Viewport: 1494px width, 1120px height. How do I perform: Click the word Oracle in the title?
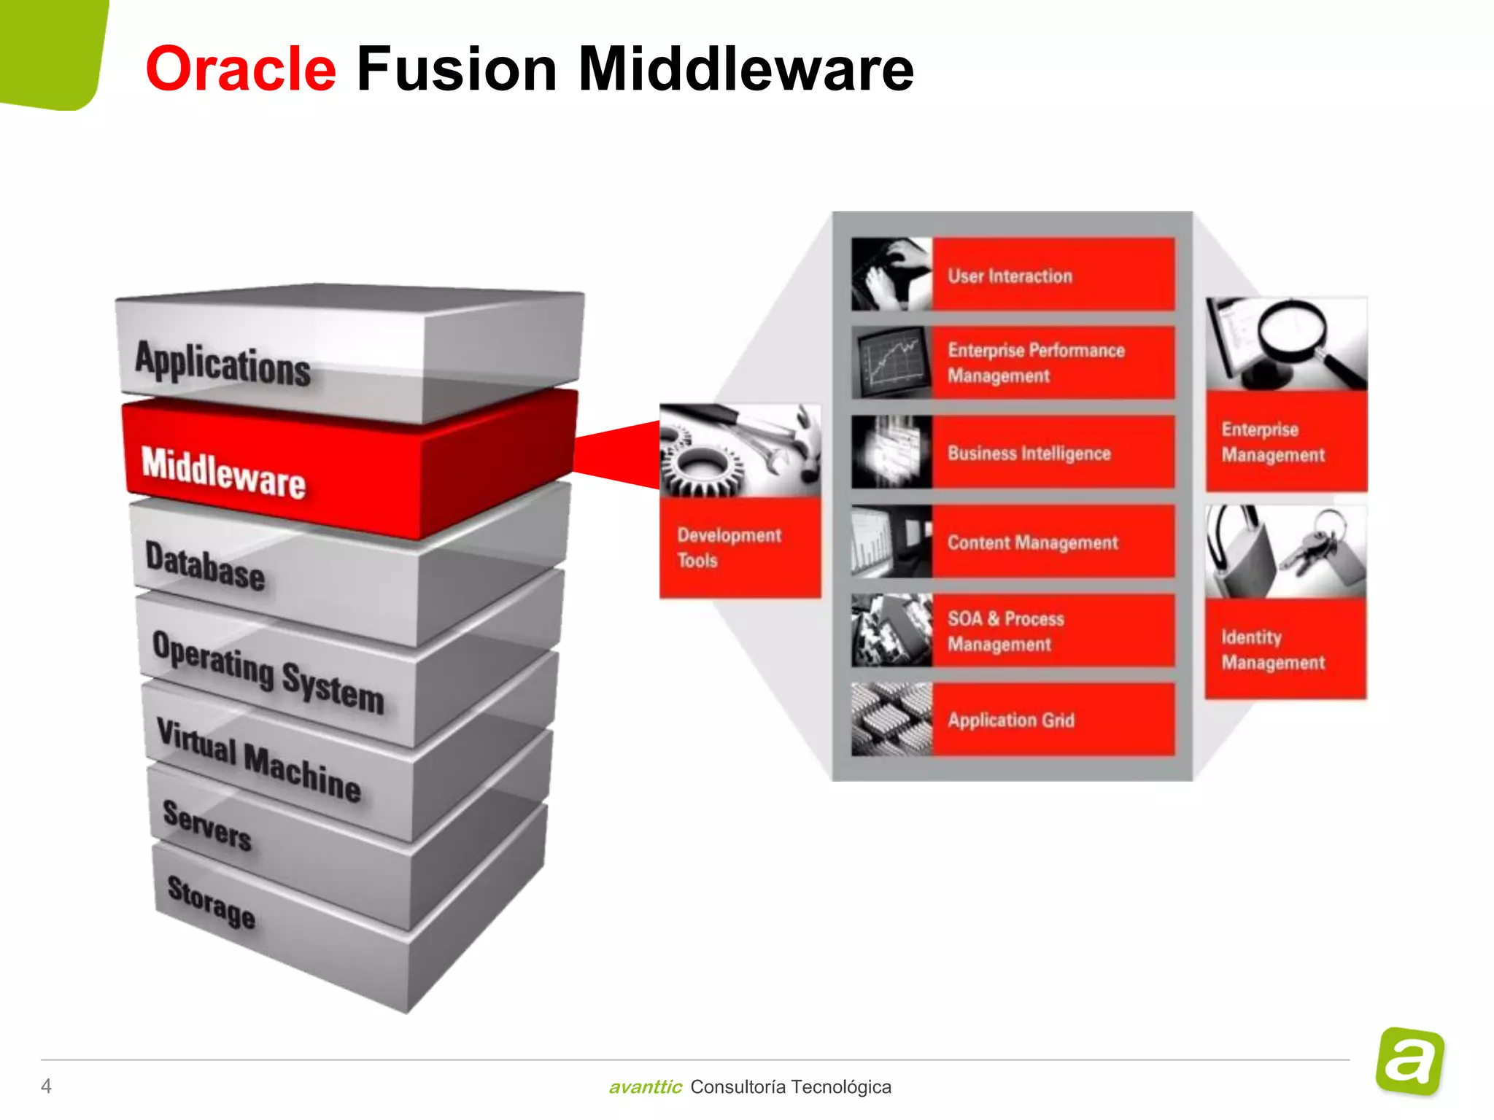tap(241, 69)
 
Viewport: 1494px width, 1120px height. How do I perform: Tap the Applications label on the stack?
tap(223, 362)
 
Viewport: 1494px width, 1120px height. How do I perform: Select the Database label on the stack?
tap(205, 566)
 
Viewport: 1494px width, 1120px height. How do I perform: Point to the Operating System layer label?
tap(268, 672)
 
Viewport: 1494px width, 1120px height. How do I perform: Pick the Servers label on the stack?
tap(207, 825)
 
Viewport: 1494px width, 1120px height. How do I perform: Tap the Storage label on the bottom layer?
tap(212, 901)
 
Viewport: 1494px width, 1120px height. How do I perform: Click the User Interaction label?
tap(1010, 276)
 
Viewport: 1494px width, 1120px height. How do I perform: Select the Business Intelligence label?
tap(1029, 454)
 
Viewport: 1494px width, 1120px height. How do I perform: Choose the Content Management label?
tap(1032, 542)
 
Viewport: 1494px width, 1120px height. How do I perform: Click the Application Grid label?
tap(1011, 720)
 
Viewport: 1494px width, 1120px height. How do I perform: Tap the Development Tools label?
tap(728, 548)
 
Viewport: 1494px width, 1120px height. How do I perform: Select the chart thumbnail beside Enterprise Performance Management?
tap(891, 362)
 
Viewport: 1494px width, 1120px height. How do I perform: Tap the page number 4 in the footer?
tap(46, 1086)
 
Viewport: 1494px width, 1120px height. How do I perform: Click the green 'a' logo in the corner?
tap(1410, 1062)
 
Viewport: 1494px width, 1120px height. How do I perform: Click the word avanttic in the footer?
tap(645, 1087)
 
